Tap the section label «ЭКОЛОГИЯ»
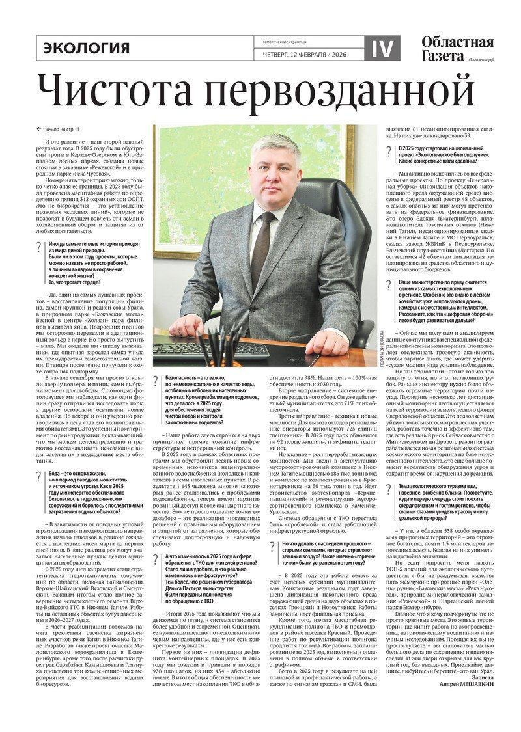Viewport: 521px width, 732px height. coord(86,47)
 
